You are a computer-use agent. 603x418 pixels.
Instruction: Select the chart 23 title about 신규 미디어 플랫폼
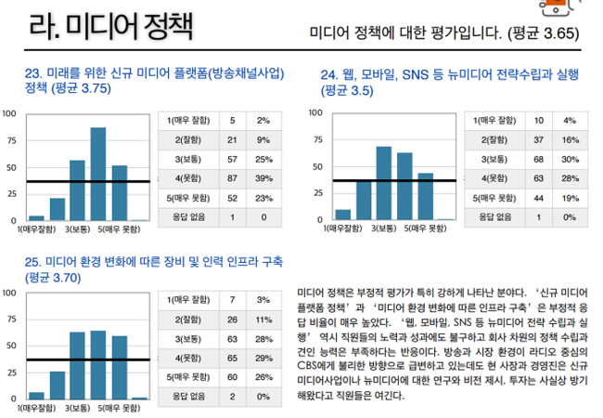pyautogui.click(x=154, y=80)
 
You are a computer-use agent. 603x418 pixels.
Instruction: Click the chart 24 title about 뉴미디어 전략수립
pyautogui.click(x=449, y=81)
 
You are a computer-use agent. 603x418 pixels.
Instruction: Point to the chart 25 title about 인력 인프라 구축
pyautogui.click(x=154, y=269)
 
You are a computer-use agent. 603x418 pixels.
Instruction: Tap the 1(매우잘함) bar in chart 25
pyautogui.click(x=35, y=395)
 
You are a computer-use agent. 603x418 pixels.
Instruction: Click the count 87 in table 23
pyautogui.click(x=232, y=177)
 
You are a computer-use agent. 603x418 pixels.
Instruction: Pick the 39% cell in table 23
pyautogui.click(x=263, y=177)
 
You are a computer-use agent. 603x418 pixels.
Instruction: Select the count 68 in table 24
pyautogui.click(x=539, y=159)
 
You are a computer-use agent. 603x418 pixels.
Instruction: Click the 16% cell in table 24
pyautogui.click(x=570, y=139)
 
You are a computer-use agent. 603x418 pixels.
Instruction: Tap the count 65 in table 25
pyautogui.click(x=232, y=357)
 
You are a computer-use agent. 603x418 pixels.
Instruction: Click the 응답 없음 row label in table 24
pyautogui.click(x=492, y=216)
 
